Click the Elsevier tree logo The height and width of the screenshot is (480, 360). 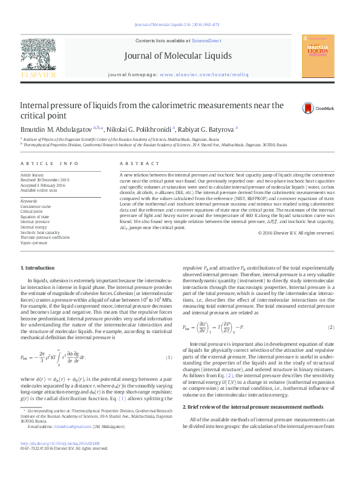pos(39,57)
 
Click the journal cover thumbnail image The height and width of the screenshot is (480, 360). pos(320,56)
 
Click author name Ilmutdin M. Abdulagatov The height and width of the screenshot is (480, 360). pos(56,129)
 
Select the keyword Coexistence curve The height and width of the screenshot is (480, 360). pos(36,206)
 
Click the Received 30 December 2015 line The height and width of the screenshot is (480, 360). pos(45,180)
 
